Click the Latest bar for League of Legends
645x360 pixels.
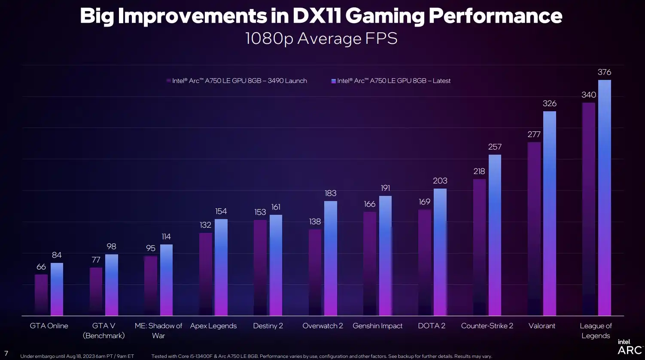coord(604,198)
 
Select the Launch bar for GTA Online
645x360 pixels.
coord(41,295)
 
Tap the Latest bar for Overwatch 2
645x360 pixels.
coord(330,258)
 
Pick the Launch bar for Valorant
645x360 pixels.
coord(534,229)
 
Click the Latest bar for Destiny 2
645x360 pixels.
coord(276,265)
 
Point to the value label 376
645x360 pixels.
coord(604,72)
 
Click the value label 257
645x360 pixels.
coord(495,147)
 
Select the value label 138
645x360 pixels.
coord(315,222)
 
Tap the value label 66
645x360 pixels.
coord(41,267)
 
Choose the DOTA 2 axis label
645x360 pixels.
coord(432,326)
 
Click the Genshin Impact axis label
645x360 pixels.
coord(377,326)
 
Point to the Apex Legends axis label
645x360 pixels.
coord(213,326)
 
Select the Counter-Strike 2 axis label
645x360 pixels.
coord(487,326)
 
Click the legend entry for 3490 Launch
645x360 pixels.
coord(239,81)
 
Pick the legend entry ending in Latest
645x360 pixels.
coord(393,81)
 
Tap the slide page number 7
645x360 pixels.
coord(6,354)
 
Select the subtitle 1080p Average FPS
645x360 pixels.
coord(321,39)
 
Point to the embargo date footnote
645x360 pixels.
coord(77,356)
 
